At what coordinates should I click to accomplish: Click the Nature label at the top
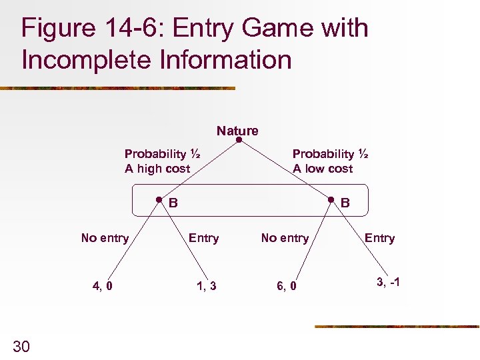[237, 131]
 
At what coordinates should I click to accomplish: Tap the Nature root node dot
[239, 141]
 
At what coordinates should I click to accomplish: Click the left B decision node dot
[159, 199]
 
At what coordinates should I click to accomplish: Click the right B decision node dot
[331, 199]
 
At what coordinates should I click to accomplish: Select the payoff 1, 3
[207, 286]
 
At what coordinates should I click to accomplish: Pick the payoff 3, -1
[388, 282]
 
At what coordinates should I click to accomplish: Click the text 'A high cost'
[157, 169]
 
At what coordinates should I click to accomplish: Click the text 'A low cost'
[323, 169]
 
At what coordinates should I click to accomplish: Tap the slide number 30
[22, 345]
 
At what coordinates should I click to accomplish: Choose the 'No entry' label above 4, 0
[105, 238]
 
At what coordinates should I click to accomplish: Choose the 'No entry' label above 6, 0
[285, 238]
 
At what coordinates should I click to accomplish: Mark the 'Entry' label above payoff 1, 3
[203, 238]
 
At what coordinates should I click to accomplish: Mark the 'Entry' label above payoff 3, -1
[379, 238]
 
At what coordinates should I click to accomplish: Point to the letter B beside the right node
[345, 203]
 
